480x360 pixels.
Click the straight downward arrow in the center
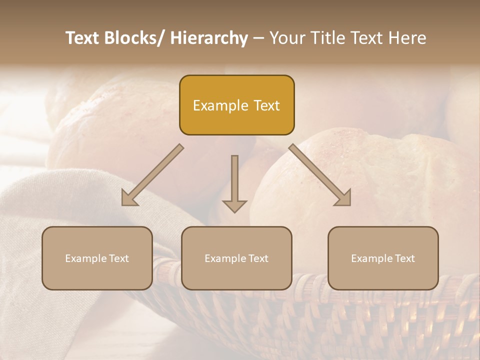[x=234, y=183]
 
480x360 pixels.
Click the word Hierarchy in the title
[x=208, y=38]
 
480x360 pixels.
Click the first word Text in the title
[x=83, y=38]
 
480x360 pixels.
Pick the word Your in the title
[x=286, y=38]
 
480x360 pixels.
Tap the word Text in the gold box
[x=266, y=106]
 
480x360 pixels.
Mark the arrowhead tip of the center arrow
[x=234, y=212]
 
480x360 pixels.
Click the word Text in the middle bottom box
[x=257, y=258]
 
